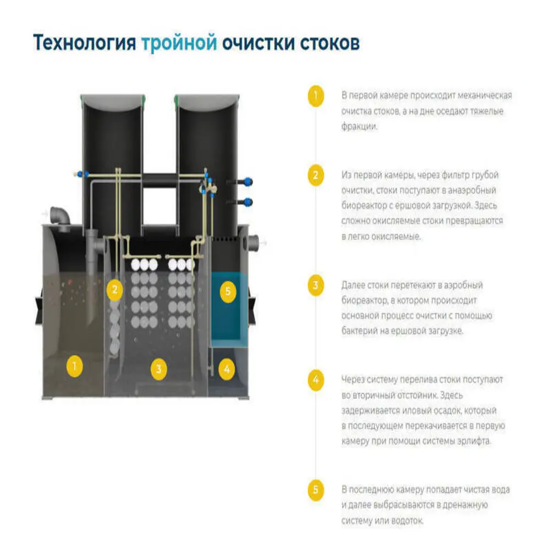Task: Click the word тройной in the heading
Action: (x=179, y=43)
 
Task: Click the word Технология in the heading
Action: (x=85, y=43)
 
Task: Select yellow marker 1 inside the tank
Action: (x=75, y=365)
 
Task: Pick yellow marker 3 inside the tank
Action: (x=158, y=369)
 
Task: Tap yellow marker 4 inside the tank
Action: (x=226, y=369)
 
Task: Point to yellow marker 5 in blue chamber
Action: (x=228, y=291)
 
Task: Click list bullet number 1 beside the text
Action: (x=315, y=95)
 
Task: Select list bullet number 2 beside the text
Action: (x=315, y=175)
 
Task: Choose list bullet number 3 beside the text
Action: (x=315, y=285)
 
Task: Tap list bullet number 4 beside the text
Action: (x=315, y=380)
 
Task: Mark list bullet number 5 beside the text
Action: (x=315, y=490)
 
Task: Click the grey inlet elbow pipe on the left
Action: (x=58, y=216)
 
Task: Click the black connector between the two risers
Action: (x=159, y=179)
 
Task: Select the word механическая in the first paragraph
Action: (x=484, y=96)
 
